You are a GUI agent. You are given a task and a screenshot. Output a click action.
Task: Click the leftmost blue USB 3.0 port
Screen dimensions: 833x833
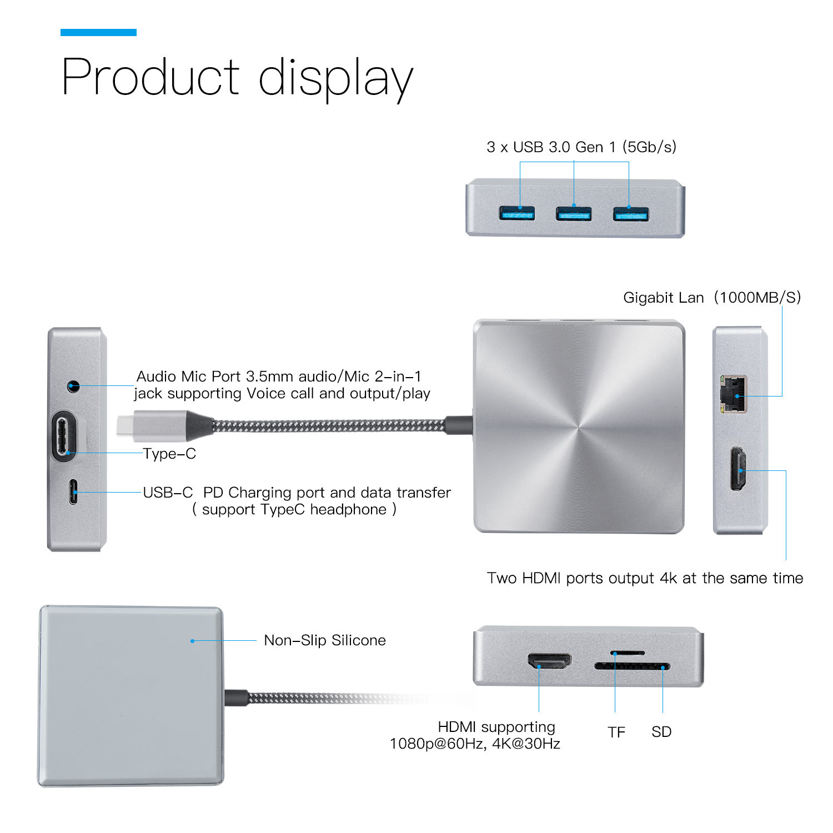pyautogui.click(x=516, y=213)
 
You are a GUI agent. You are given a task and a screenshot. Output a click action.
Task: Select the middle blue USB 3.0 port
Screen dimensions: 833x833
pyautogui.click(x=574, y=213)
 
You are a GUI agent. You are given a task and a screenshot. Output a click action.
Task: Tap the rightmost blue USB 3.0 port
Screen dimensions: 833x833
pyautogui.click(x=630, y=213)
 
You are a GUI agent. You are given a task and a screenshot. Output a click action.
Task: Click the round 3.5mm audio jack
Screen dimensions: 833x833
pyautogui.click(x=73, y=385)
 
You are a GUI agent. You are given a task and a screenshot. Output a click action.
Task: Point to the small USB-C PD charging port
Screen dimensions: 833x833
pyautogui.click(x=73, y=492)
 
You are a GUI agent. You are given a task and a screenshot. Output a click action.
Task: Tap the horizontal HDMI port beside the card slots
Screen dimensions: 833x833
pyautogui.click(x=549, y=661)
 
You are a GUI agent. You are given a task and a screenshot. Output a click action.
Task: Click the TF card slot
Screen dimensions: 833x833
pyautogui.click(x=628, y=653)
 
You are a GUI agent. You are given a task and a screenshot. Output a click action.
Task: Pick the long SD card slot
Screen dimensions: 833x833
pyautogui.click(x=632, y=666)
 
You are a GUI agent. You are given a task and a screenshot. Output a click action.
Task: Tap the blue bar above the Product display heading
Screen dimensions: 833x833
pyautogui.click(x=98, y=32)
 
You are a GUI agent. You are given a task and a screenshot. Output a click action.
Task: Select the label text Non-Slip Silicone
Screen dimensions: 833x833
pyautogui.click(x=324, y=640)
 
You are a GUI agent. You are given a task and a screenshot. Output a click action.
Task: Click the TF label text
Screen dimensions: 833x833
pyautogui.click(x=616, y=732)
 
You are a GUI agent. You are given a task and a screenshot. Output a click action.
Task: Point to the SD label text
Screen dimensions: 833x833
pyautogui.click(x=661, y=732)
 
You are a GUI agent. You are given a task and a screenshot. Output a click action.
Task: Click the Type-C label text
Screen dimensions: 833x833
pyautogui.click(x=169, y=454)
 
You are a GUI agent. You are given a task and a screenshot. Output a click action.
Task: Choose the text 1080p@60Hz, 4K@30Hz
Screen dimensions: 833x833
pyautogui.click(x=475, y=744)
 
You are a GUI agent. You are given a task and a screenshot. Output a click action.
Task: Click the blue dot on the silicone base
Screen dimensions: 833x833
pyautogui.click(x=192, y=641)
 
